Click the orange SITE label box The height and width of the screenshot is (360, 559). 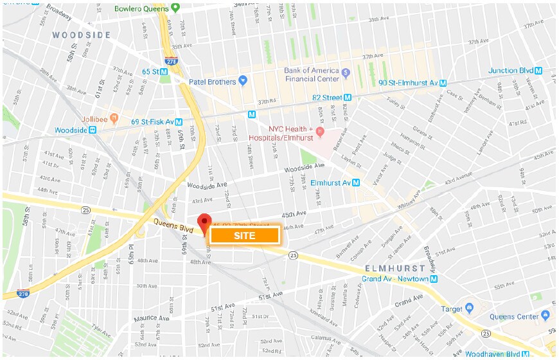pyautogui.click(x=244, y=235)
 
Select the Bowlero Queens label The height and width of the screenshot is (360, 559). pyautogui.click(x=142, y=8)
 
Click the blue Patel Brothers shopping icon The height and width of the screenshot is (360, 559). pyautogui.click(x=243, y=80)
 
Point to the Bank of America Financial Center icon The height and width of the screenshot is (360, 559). pyautogui.click(x=346, y=72)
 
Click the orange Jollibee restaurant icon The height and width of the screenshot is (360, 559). pyautogui.click(x=114, y=118)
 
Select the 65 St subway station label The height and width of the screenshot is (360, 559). pyautogui.click(x=152, y=72)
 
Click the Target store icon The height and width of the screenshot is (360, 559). pyautogui.click(x=470, y=309)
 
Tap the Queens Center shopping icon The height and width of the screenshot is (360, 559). pyautogui.click(x=546, y=314)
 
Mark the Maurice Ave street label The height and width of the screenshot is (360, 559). pyautogui.click(x=151, y=318)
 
